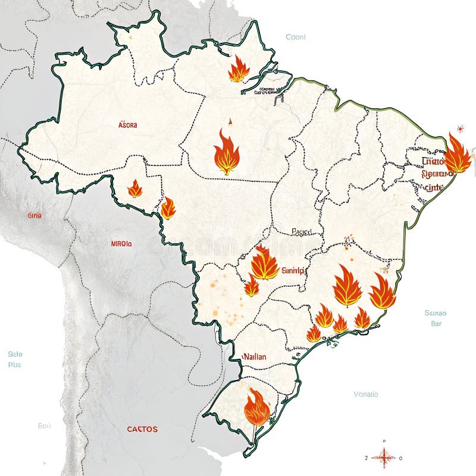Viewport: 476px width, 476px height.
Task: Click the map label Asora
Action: tap(127, 125)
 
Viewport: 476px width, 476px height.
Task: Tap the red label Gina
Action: tap(35, 215)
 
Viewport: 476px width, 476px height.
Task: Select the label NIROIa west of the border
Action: tap(121, 243)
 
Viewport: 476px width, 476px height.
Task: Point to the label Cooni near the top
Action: tap(296, 37)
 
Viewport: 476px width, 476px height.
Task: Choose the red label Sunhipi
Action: tap(293, 270)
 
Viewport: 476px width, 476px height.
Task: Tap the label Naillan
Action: tap(255, 357)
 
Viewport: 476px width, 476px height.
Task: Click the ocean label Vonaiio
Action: tap(366, 394)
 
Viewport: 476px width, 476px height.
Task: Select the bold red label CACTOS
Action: tap(142, 428)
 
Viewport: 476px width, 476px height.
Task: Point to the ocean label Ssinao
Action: tap(436, 313)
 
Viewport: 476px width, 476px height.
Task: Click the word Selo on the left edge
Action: tap(15, 354)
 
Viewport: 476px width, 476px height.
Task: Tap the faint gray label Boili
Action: tap(45, 425)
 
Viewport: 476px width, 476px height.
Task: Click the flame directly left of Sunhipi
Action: tap(264, 263)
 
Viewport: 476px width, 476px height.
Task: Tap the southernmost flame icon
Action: tap(257, 408)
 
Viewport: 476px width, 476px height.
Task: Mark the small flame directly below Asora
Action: tap(135, 189)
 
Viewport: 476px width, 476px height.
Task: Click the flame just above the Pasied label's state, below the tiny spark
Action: tap(227, 153)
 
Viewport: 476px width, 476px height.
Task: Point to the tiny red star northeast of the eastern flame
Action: tap(460, 128)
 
